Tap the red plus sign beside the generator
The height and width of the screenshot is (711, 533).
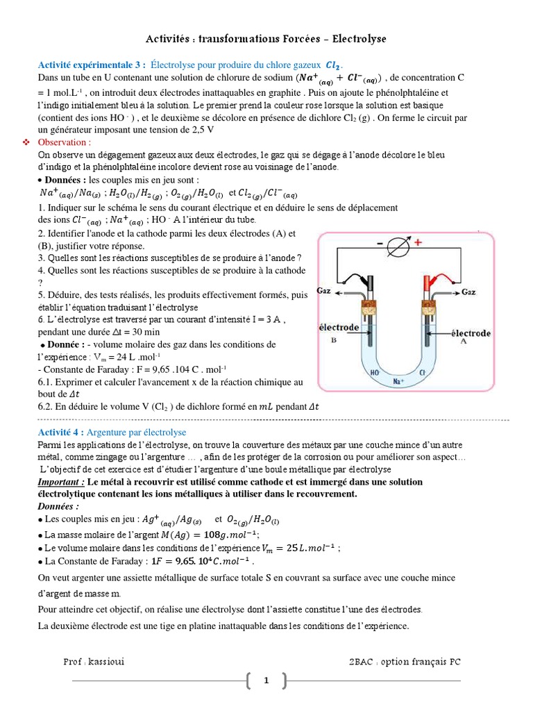point(419,244)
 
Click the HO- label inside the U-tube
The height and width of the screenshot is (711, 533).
point(375,372)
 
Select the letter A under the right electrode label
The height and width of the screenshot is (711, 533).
point(464,342)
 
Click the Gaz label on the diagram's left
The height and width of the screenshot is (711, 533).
point(324,290)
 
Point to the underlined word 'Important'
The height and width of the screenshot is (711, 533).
point(61,482)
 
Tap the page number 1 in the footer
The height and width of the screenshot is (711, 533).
point(266,681)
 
